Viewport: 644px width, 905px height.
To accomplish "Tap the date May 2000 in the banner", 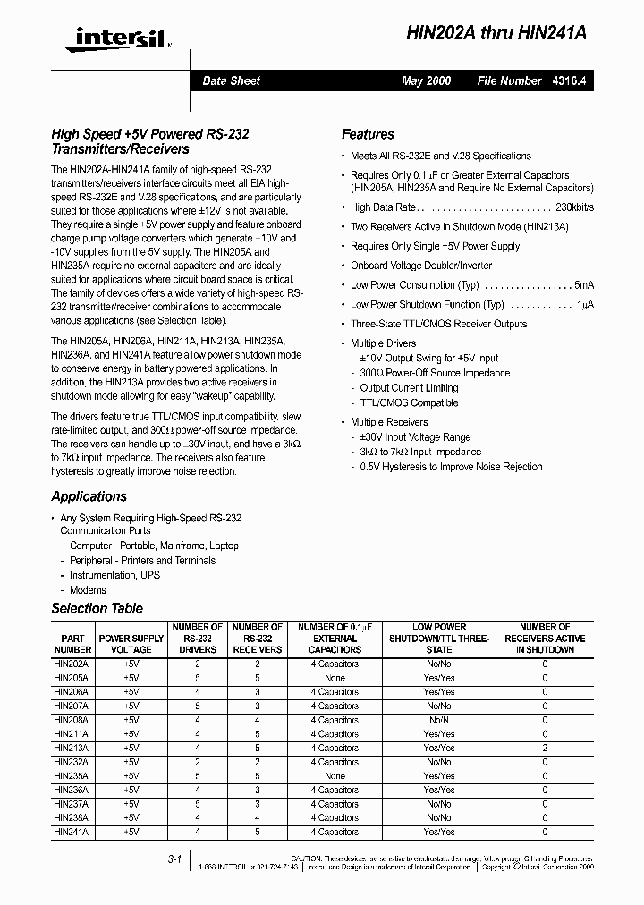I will click(427, 80).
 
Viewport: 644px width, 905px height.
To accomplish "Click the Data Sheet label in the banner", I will click(231, 80).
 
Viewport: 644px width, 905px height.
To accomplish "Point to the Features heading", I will click(368, 134).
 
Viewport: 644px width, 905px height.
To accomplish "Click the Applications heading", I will click(89, 496).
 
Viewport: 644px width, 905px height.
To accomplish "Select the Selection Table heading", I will click(97, 608).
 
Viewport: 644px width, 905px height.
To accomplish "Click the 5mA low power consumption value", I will click(583, 285).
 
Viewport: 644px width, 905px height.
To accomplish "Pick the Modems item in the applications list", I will click(88, 590).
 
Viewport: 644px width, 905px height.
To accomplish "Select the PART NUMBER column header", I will click(72, 644).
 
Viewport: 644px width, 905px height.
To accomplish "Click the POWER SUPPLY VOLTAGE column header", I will click(131, 644).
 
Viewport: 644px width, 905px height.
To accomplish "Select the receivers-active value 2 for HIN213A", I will click(545, 748).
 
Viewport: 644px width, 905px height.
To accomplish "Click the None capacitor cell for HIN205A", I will click(335, 678).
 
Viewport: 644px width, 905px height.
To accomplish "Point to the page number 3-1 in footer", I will click(174, 859).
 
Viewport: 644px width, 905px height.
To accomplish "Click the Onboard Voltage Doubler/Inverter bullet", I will click(421, 266).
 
